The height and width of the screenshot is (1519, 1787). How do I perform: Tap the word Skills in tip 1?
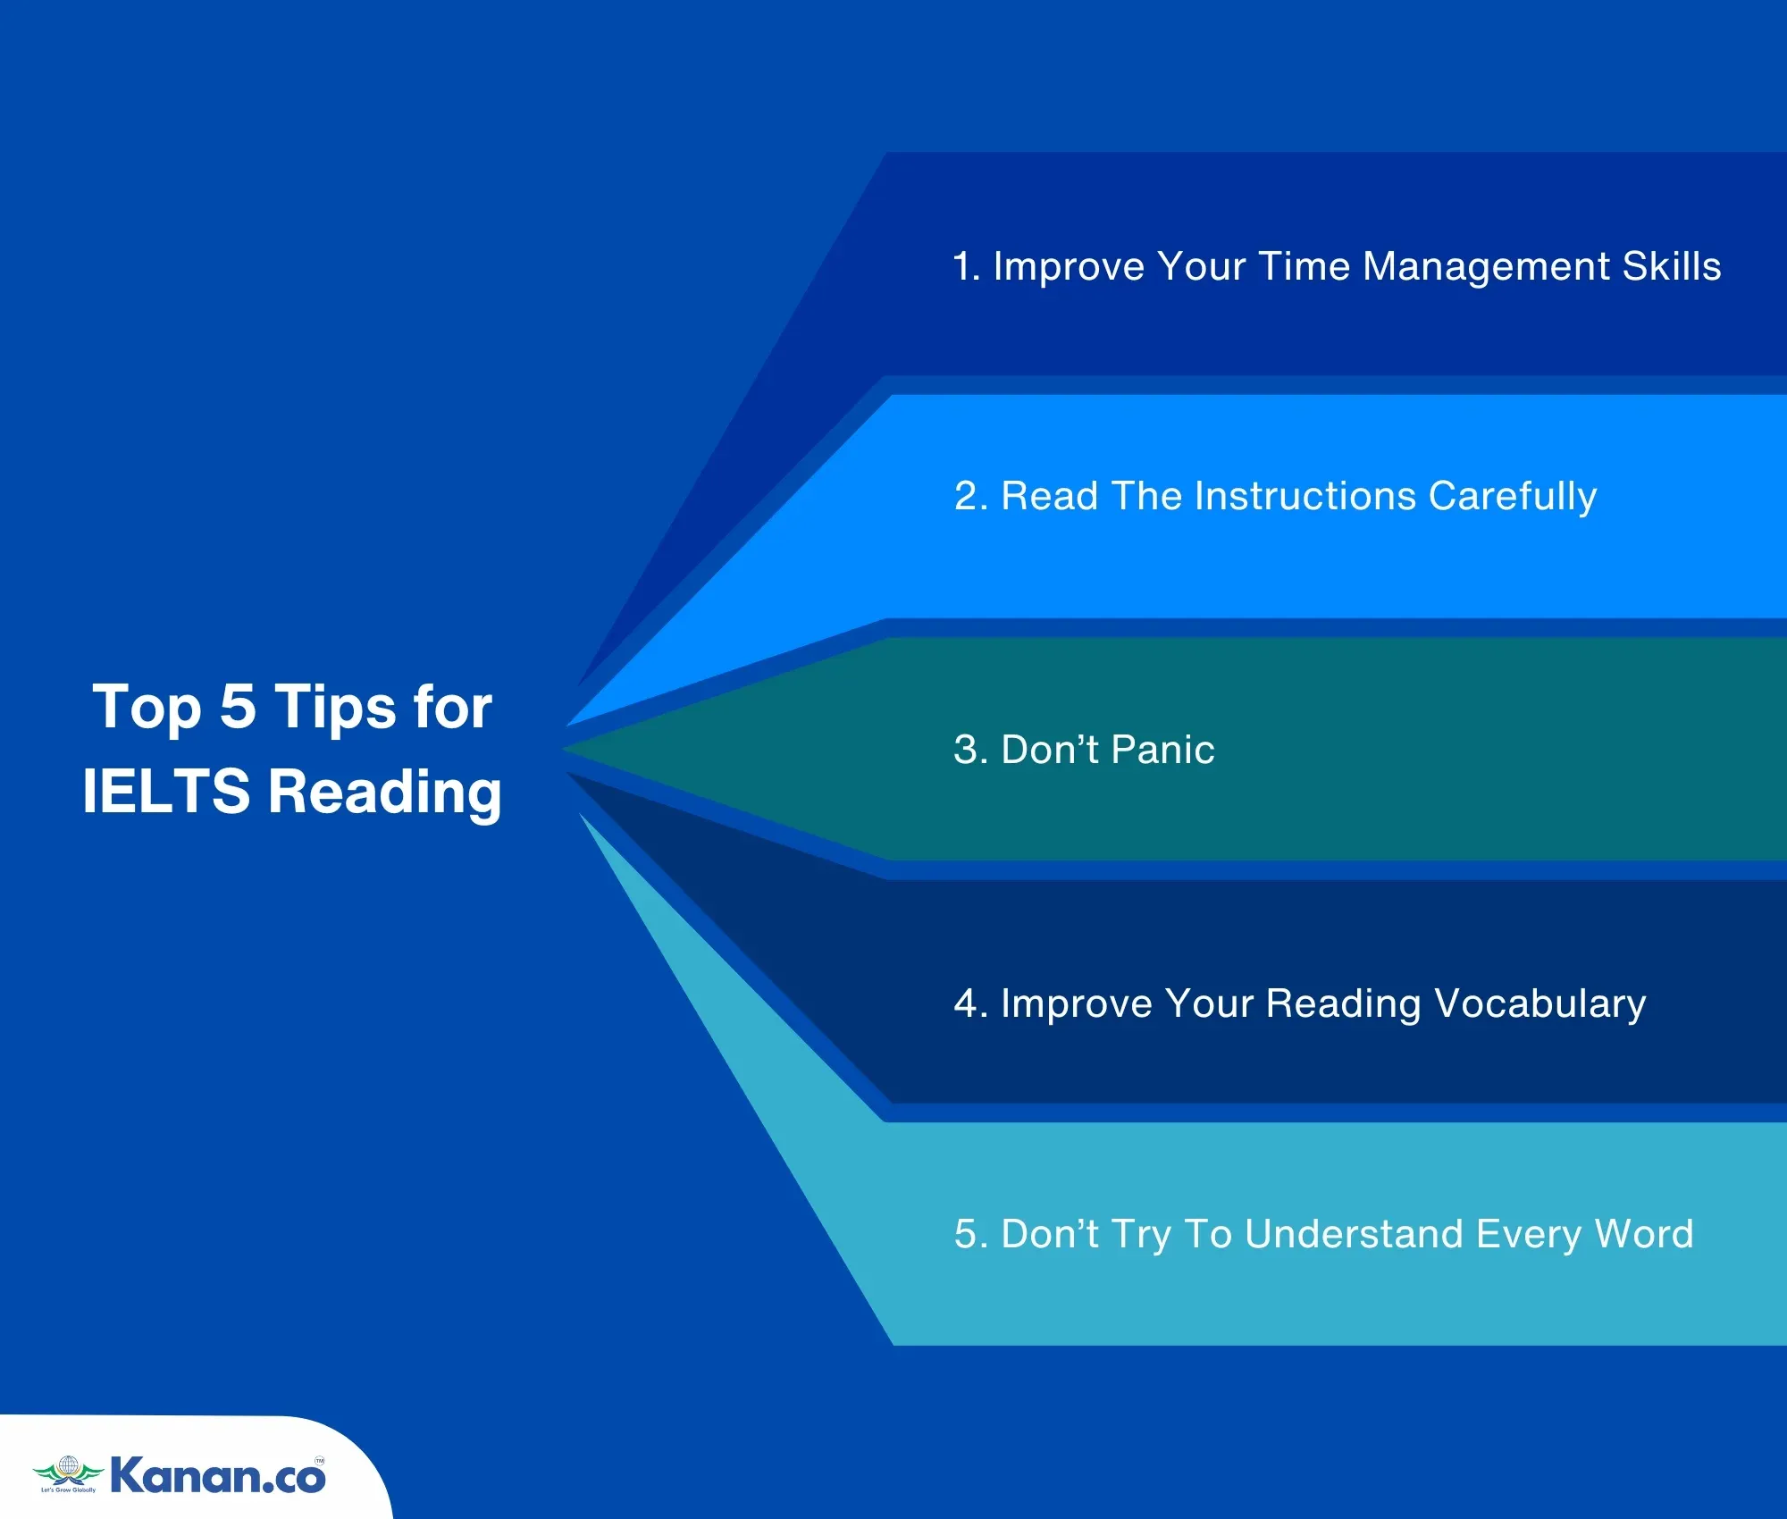(x=1672, y=266)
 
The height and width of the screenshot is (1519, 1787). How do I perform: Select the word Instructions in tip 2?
(x=1305, y=496)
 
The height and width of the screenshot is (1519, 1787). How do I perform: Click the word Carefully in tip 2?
(x=1513, y=497)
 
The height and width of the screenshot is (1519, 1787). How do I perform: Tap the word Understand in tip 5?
(x=1355, y=1234)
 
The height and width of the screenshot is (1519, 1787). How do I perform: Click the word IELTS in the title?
(x=166, y=791)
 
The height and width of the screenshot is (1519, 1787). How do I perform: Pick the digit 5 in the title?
(x=238, y=707)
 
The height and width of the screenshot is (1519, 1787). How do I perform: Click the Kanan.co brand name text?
(x=218, y=1475)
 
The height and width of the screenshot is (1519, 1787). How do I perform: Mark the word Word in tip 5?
(x=1644, y=1234)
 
